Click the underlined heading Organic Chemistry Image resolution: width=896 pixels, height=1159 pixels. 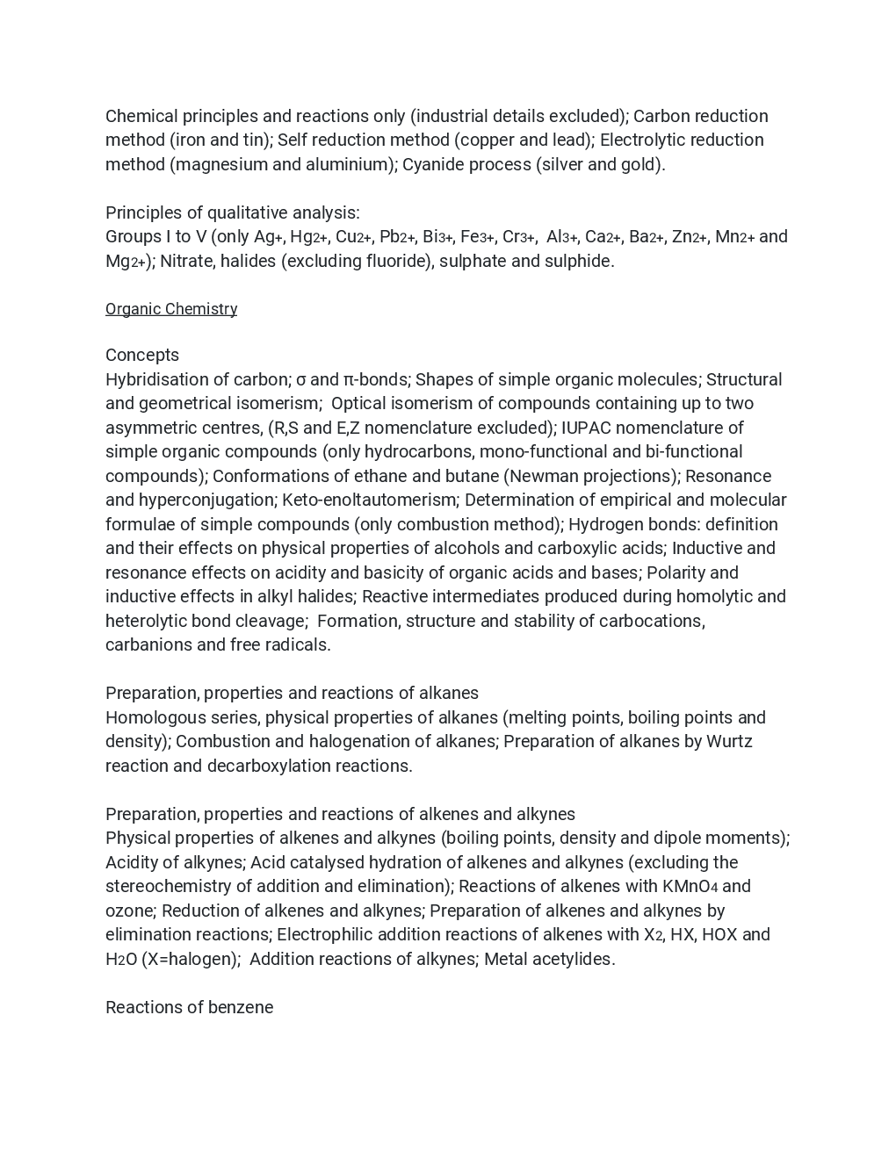[x=171, y=309]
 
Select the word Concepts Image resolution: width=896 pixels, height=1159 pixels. [x=142, y=355]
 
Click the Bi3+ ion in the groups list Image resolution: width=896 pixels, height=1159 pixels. [x=437, y=237]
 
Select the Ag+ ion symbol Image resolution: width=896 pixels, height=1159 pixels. [x=268, y=237]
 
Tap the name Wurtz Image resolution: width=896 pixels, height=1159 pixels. [x=730, y=741]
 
